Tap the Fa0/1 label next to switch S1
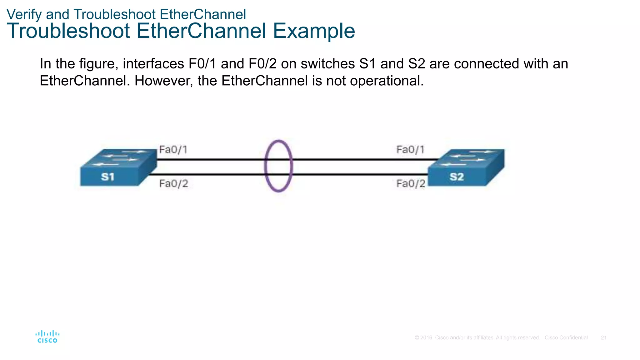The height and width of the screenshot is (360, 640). pos(173,150)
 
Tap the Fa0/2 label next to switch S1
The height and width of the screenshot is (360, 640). pos(174,183)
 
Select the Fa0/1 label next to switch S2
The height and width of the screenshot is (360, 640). pos(410,150)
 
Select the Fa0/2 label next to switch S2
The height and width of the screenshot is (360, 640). pos(411,183)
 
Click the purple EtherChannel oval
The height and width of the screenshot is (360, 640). pos(266,166)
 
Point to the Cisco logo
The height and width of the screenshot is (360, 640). pos(47,337)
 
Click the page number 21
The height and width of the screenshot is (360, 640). pos(603,338)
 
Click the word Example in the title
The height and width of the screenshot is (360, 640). pos(314,31)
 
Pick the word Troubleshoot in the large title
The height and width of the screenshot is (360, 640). pos(68,31)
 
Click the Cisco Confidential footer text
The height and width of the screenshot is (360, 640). pos(566,338)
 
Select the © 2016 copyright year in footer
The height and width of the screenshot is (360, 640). pos(423,338)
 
